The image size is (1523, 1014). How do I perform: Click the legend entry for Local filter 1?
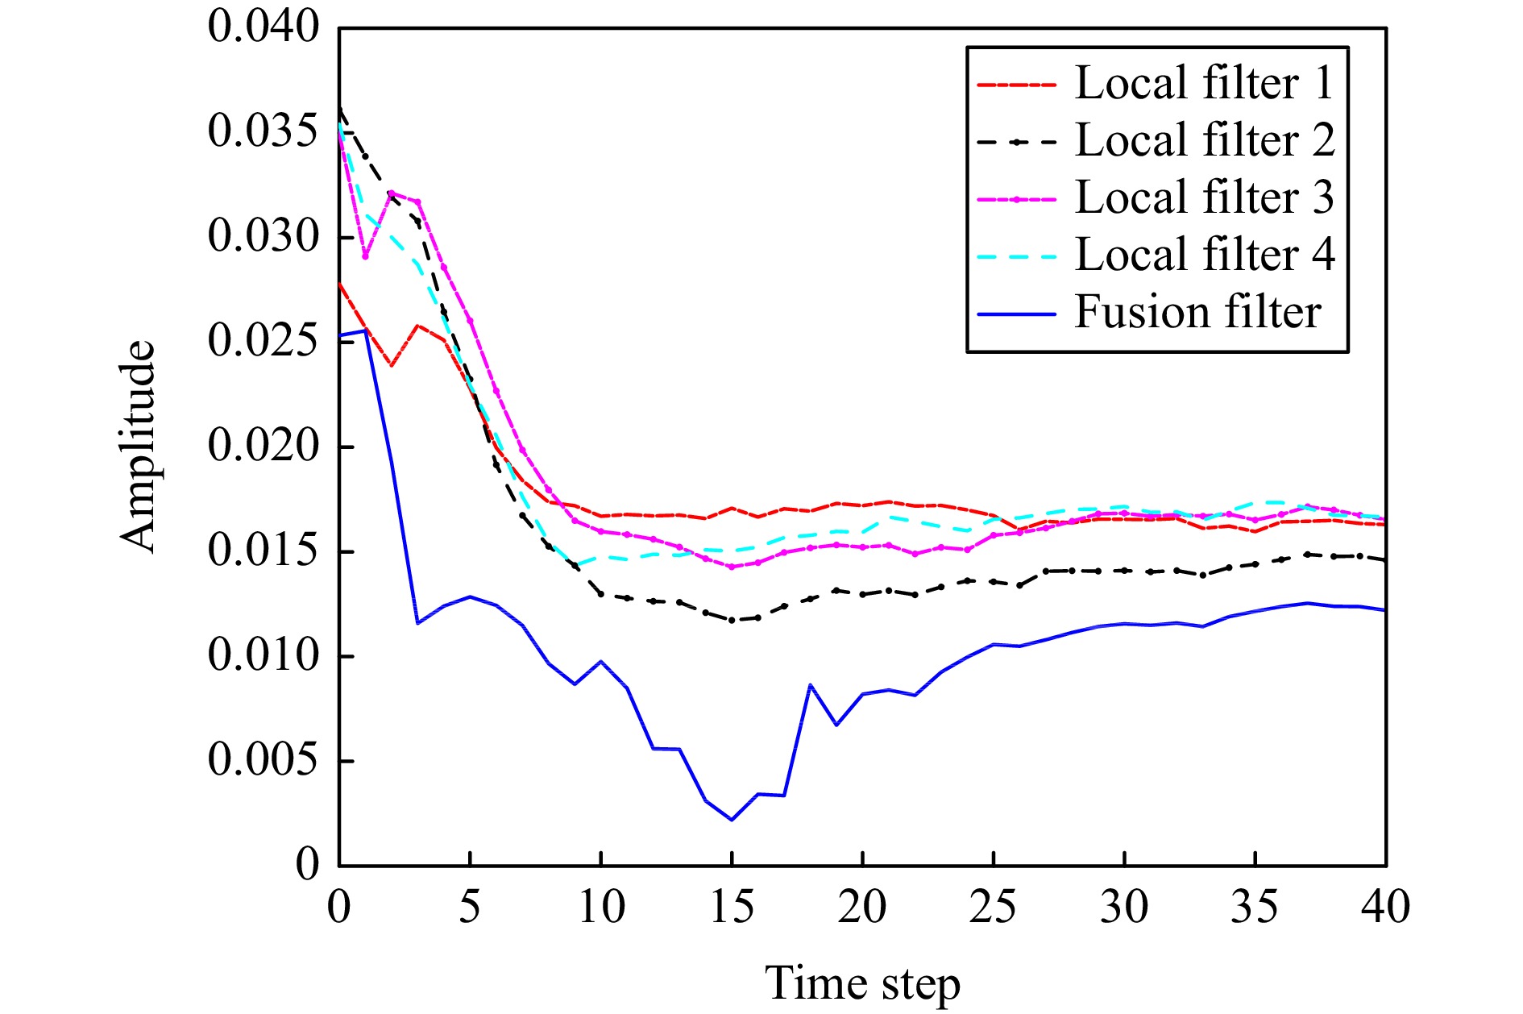[x=1204, y=83]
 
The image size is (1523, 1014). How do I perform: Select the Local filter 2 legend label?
[x=1204, y=140]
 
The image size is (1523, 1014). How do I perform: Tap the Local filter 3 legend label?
[x=1204, y=197]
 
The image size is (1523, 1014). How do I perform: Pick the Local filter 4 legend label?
[x=1204, y=255]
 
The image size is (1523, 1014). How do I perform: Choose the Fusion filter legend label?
[x=1197, y=312]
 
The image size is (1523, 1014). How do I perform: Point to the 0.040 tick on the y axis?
[x=264, y=27]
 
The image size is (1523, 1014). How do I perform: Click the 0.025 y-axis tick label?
[x=264, y=341]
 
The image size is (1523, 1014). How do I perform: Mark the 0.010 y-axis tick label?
[x=264, y=655]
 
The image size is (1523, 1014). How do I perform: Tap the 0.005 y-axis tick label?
[x=264, y=760]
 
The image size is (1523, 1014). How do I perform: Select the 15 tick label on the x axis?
[x=732, y=908]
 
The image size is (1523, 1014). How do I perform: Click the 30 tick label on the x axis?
[x=1124, y=908]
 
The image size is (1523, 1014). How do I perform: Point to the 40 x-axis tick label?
[x=1385, y=908]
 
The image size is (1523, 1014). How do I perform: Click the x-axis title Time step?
[x=862, y=983]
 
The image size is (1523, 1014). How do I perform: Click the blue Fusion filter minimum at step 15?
[x=732, y=820]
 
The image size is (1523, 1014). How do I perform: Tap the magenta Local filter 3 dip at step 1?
[x=365, y=256]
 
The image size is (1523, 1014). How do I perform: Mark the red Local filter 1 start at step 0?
[x=339, y=283]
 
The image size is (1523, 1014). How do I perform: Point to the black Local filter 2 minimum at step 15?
[x=732, y=620]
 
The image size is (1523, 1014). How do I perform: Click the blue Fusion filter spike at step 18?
[x=810, y=685]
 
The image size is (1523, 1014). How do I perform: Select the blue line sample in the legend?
[x=1016, y=313]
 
